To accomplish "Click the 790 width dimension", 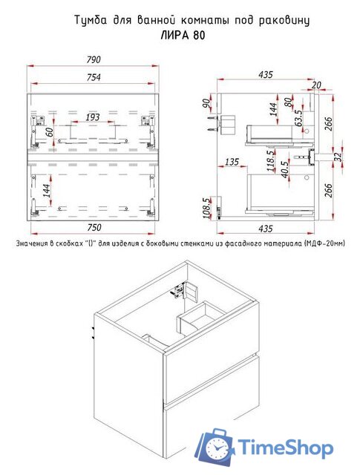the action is coord(94,59).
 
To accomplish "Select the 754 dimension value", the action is coord(94,77).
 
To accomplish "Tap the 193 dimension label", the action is coord(92,117).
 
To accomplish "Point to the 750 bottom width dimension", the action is coord(94,227).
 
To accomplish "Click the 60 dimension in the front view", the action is coord(50,132).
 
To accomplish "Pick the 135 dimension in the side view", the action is coord(232,162).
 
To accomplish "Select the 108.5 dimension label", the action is coord(206,208).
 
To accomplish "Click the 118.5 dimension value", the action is coord(271,160).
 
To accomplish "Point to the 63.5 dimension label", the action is coord(299,117).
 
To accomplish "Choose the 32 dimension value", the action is coord(338,157).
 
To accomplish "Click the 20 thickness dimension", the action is coord(316,85).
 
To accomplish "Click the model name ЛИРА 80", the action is coord(183,36).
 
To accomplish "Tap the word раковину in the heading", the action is coord(285,21).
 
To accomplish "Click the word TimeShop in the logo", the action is coord(285,448).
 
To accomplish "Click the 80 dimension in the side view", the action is coord(289,102).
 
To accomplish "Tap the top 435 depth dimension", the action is coord(266,74).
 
